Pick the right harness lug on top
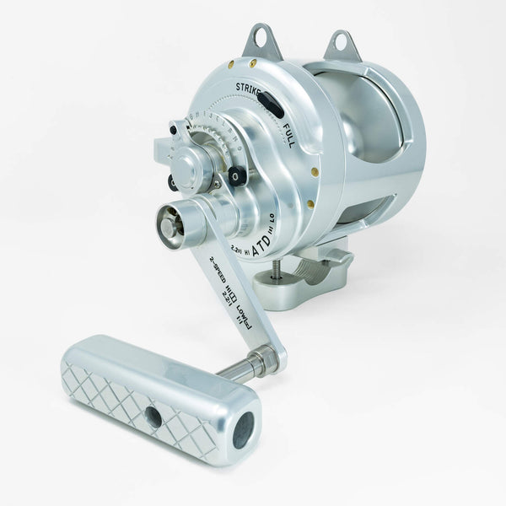[x=342, y=46]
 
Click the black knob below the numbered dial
[x=236, y=176]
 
